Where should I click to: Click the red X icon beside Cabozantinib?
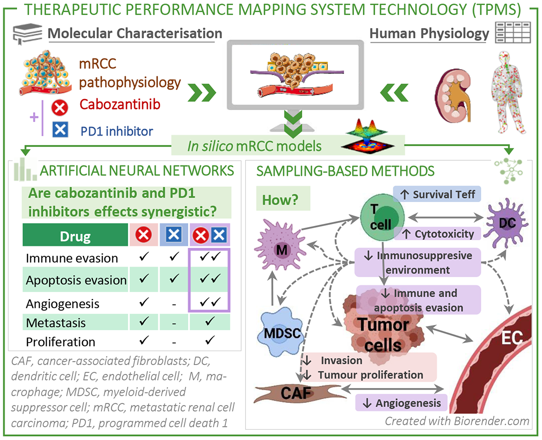[60, 108]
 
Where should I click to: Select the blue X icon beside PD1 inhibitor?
[60, 129]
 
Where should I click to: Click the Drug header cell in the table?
[75, 235]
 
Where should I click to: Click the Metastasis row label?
[56, 323]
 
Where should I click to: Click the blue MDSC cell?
[281, 332]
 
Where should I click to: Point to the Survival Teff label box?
[437, 194]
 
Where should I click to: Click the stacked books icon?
[27, 33]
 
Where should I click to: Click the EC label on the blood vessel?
[512, 338]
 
